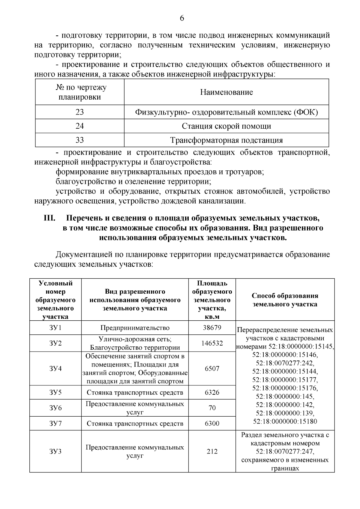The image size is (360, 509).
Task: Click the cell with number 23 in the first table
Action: click(80, 112)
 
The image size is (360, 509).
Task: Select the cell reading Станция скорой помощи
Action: click(226, 126)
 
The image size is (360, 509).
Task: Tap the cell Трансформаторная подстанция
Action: click(226, 140)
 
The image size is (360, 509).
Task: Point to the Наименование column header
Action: click(226, 92)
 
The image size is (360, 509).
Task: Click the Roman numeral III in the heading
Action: click(50, 218)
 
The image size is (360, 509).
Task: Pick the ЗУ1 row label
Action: click(55, 328)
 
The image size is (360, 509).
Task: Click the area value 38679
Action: click(212, 328)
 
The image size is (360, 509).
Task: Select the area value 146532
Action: click(212, 343)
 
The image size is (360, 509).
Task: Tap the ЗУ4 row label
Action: click(55, 368)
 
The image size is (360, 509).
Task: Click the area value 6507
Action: click(212, 368)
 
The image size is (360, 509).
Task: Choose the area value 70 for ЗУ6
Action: click(212, 408)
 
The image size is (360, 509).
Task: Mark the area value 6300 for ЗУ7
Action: click(212, 424)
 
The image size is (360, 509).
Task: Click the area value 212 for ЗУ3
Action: click(212, 451)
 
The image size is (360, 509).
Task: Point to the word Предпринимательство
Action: click(135, 328)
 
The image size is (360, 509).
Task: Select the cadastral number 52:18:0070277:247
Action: click(285, 451)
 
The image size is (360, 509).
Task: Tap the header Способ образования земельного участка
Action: click(285, 300)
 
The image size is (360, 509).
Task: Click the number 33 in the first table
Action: click(80, 140)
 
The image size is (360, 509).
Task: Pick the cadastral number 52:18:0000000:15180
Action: click(285, 421)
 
